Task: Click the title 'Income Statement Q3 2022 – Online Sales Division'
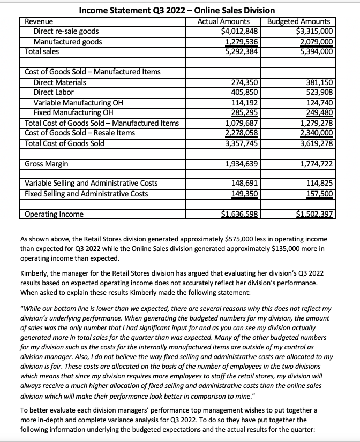tap(177, 10)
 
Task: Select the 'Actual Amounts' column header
tap(223, 21)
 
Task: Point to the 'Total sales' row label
tap(42, 51)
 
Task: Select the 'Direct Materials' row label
tap(59, 82)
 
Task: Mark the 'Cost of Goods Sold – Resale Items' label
tap(80, 133)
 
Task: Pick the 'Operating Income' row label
tap(55, 215)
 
